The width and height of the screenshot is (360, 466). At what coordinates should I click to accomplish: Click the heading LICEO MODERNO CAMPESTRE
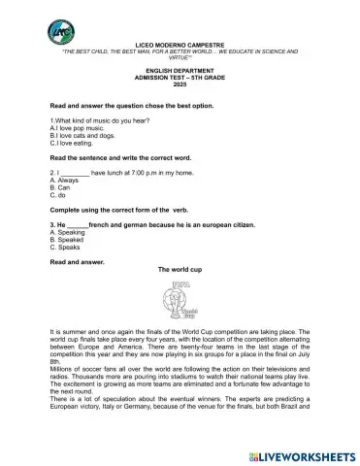click(x=179, y=44)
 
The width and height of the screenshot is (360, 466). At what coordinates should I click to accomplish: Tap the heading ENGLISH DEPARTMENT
click(x=179, y=71)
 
